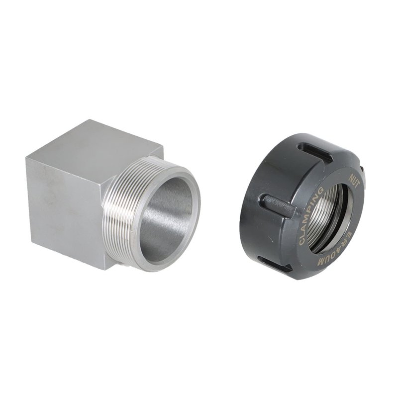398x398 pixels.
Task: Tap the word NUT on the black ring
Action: [x=354, y=180]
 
